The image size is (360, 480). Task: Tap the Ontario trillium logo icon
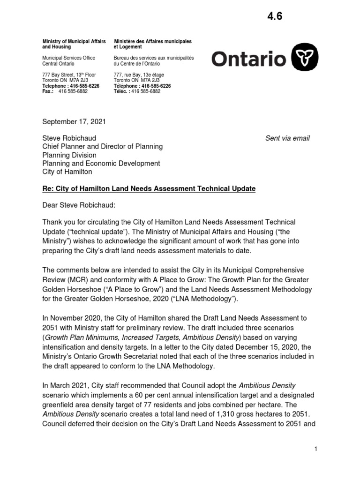coord(305,59)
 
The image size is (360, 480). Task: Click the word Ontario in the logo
coord(248,59)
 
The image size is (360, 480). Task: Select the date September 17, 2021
coord(74,122)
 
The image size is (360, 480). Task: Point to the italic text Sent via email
coord(287,138)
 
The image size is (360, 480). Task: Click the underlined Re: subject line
coord(149,188)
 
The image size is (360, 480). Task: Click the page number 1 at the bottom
coord(316,449)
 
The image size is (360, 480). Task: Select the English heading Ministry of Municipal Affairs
coord(74,42)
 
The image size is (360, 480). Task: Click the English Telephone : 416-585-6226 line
coord(71,86)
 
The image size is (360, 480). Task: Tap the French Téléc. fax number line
coord(137,91)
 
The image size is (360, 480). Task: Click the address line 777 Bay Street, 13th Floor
coord(69,75)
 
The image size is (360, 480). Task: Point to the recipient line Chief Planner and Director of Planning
coord(103,147)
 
